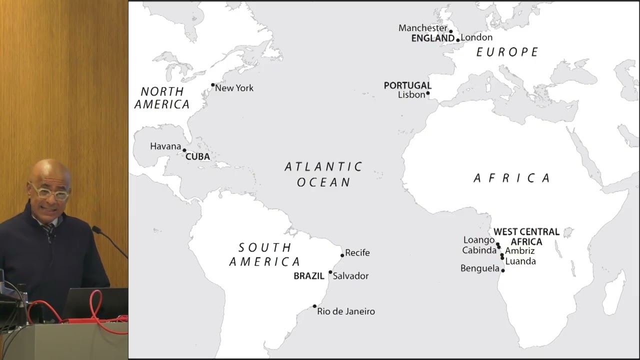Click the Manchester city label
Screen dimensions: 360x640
point(422,28)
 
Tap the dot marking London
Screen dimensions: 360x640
point(458,40)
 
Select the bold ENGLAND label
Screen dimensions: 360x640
point(432,38)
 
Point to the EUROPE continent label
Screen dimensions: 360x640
point(507,52)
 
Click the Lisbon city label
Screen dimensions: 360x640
point(411,94)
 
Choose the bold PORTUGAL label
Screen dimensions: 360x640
point(407,85)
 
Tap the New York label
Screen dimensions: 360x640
point(234,88)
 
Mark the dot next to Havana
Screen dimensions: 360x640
point(184,150)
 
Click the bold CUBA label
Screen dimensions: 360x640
point(197,156)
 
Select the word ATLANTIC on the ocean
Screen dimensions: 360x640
point(323,166)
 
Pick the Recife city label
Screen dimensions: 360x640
point(357,253)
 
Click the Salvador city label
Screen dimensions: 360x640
point(350,276)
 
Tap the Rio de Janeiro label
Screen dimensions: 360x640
point(345,311)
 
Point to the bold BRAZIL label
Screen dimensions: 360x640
point(308,276)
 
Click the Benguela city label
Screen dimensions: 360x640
point(479,268)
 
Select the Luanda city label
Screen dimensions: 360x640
point(520,261)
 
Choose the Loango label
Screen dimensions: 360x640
point(478,240)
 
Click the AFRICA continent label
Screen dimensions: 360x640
point(511,178)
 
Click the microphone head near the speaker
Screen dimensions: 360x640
point(96,230)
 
